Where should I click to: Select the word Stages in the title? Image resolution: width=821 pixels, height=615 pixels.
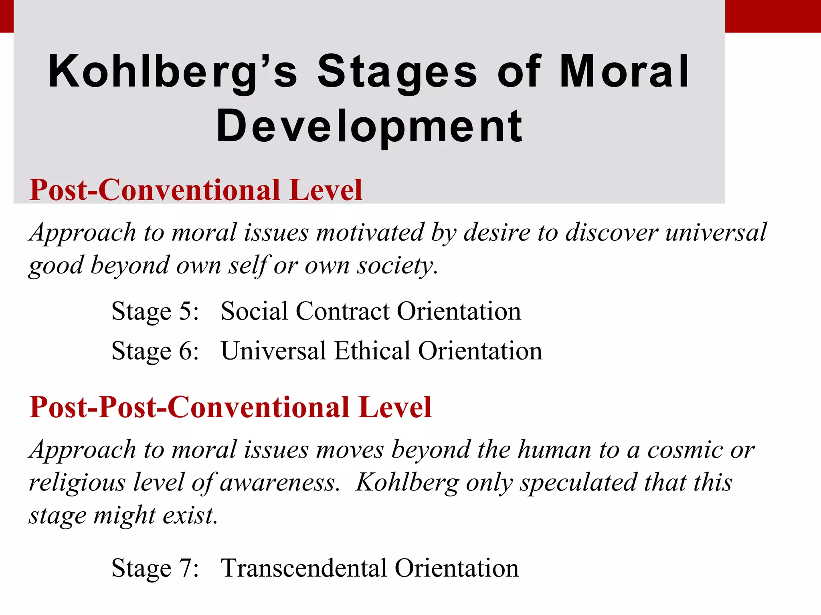397,72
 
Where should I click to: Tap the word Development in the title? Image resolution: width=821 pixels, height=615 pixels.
369,127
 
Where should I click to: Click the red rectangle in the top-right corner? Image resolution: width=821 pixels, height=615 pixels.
773,16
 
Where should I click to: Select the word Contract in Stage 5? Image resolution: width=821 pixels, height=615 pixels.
343,311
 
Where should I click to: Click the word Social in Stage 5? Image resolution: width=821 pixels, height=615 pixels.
254,311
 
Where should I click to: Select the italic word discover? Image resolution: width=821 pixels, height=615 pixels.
612,232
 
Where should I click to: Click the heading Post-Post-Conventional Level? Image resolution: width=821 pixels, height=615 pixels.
231,407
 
